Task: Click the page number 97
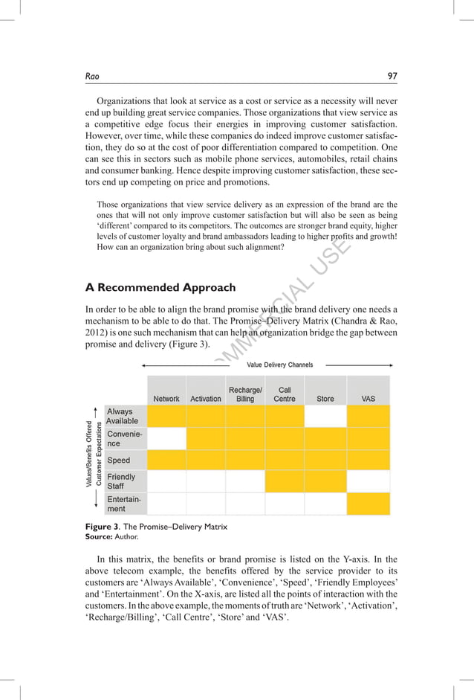[x=393, y=74]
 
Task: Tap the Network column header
[x=166, y=399]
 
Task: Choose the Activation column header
[x=206, y=399]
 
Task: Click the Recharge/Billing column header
[x=245, y=394]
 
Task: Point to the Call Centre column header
[x=285, y=394]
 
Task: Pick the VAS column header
[x=368, y=399]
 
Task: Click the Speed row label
[x=119, y=460]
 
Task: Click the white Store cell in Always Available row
[x=325, y=416]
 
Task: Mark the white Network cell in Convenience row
[x=166, y=438]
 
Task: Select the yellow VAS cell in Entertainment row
[x=368, y=504]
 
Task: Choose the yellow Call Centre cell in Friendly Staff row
[x=285, y=481]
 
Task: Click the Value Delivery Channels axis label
[x=274, y=365]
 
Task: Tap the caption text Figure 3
[x=100, y=527]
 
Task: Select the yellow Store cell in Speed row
[x=325, y=460]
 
